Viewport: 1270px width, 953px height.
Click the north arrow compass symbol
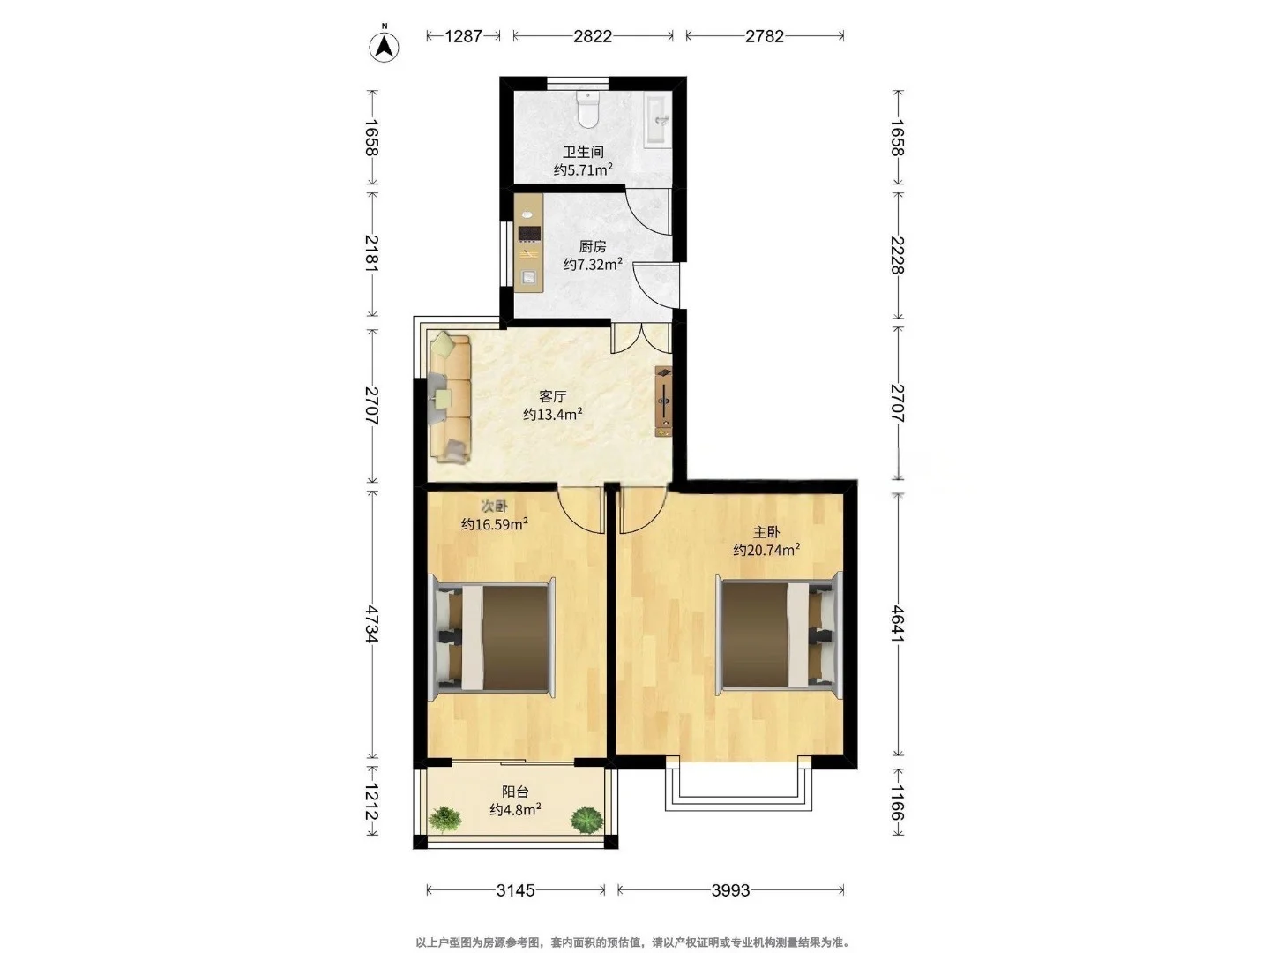pos(385,46)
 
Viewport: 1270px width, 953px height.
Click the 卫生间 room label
pos(583,152)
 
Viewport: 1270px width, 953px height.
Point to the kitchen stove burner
pos(529,233)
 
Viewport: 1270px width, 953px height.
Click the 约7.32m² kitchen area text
pos(593,265)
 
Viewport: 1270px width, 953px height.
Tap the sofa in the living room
pos(450,397)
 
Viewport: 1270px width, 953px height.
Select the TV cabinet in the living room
pos(663,401)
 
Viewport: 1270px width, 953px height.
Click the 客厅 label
pos(553,397)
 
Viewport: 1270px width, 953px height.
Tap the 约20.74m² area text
pos(766,550)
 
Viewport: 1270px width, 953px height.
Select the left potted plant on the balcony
pos(444,819)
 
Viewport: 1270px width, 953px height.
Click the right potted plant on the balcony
pos(586,820)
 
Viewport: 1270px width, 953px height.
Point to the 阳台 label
pos(515,792)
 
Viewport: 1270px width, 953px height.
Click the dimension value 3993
pos(730,890)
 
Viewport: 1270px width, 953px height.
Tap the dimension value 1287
pos(463,36)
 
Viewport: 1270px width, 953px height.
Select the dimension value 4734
pos(372,625)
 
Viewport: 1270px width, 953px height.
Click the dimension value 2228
pos(898,255)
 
